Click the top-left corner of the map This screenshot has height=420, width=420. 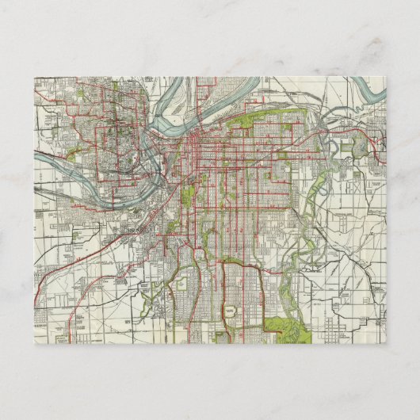click(34, 77)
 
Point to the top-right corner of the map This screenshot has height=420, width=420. click(386, 77)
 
